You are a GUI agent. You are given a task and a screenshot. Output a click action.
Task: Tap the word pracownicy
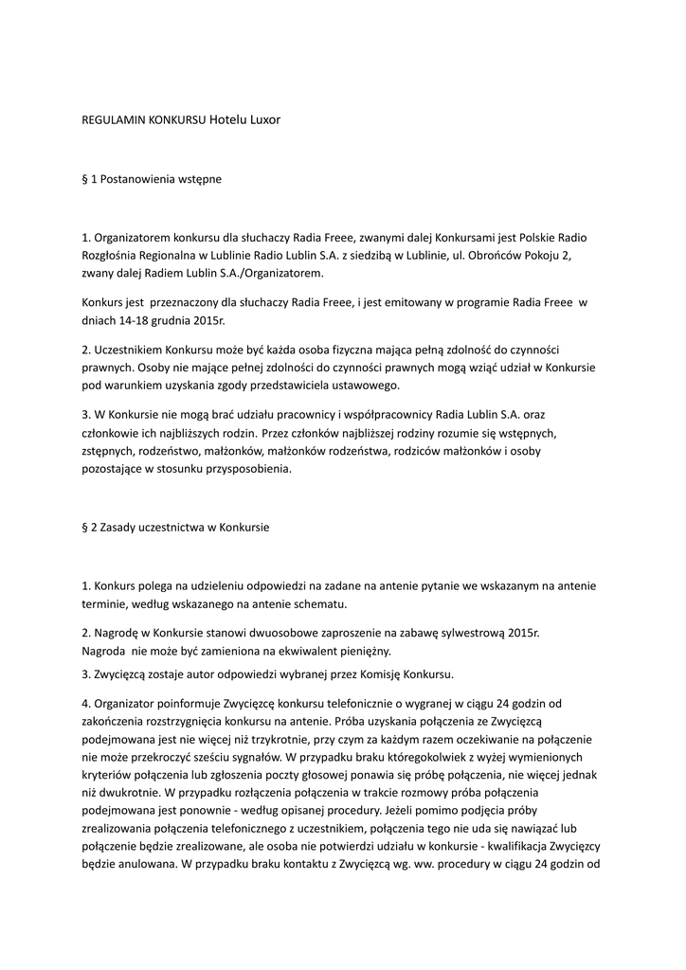pos(262,415)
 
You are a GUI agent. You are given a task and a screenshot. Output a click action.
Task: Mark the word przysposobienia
pos(249,469)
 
